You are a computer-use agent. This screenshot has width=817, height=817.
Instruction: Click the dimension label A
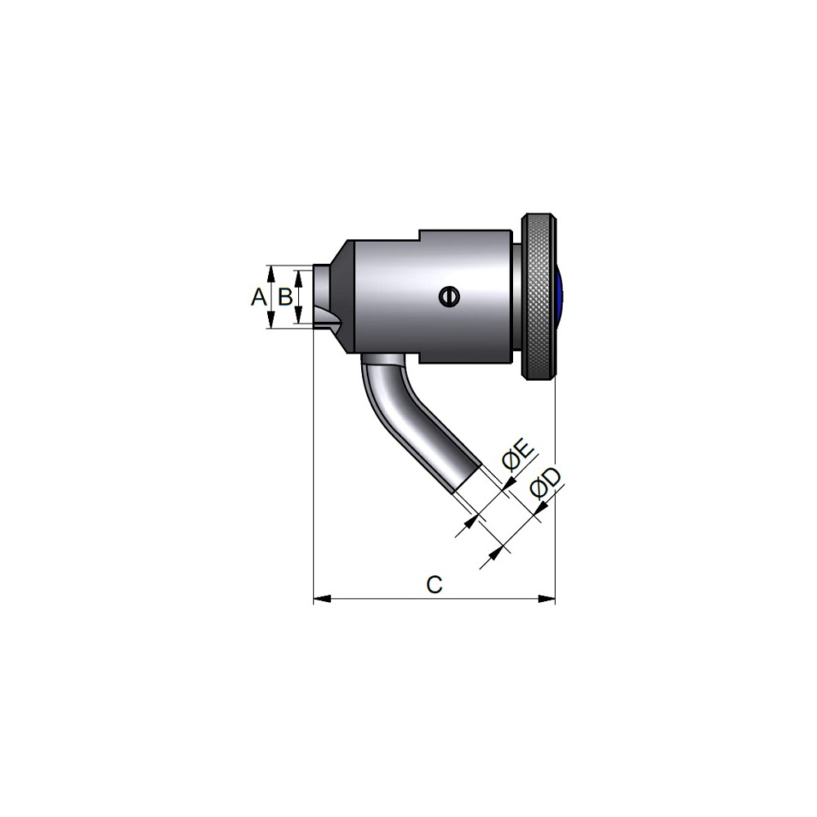click(x=258, y=297)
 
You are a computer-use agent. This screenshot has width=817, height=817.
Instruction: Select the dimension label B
click(x=285, y=297)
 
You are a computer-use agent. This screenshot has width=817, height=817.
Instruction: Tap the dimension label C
click(x=434, y=585)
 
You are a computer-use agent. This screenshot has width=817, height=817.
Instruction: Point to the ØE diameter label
click(x=517, y=455)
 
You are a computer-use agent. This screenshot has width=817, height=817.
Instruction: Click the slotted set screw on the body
click(x=448, y=297)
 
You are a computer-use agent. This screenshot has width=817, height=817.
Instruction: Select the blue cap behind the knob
click(x=559, y=296)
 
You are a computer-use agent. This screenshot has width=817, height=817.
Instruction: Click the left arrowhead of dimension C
click(x=322, y=599)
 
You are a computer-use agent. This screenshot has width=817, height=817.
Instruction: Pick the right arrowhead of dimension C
click(x=546, y=599)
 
